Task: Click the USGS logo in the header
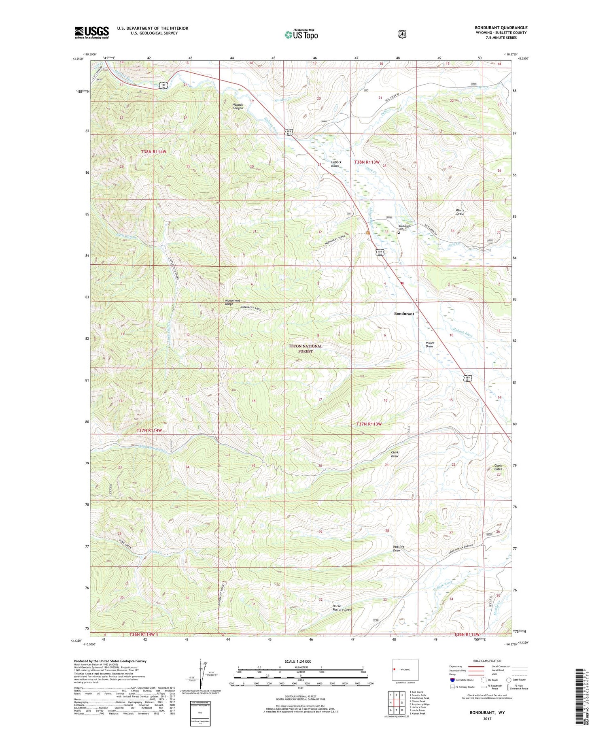[x=91, y=32]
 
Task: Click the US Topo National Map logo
[x=301, y=34]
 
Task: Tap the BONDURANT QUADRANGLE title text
[x=501, y=28]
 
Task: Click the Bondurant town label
[x=404, y=314]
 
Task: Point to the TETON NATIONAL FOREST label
[x=306, y=349]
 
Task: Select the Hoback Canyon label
[x=238, y=106]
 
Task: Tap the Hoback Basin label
[x=335, y=164]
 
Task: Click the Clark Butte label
[x=498, y=467]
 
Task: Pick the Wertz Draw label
[x=460, y=212]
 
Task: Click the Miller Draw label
[x=429, y=345]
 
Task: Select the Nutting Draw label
[x=398, y=548]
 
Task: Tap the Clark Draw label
[x=395, y=454]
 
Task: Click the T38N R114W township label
[x=154, y=151]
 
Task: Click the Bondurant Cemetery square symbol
[x=399, y=233]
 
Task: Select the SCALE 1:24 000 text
[x=298, y=661]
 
